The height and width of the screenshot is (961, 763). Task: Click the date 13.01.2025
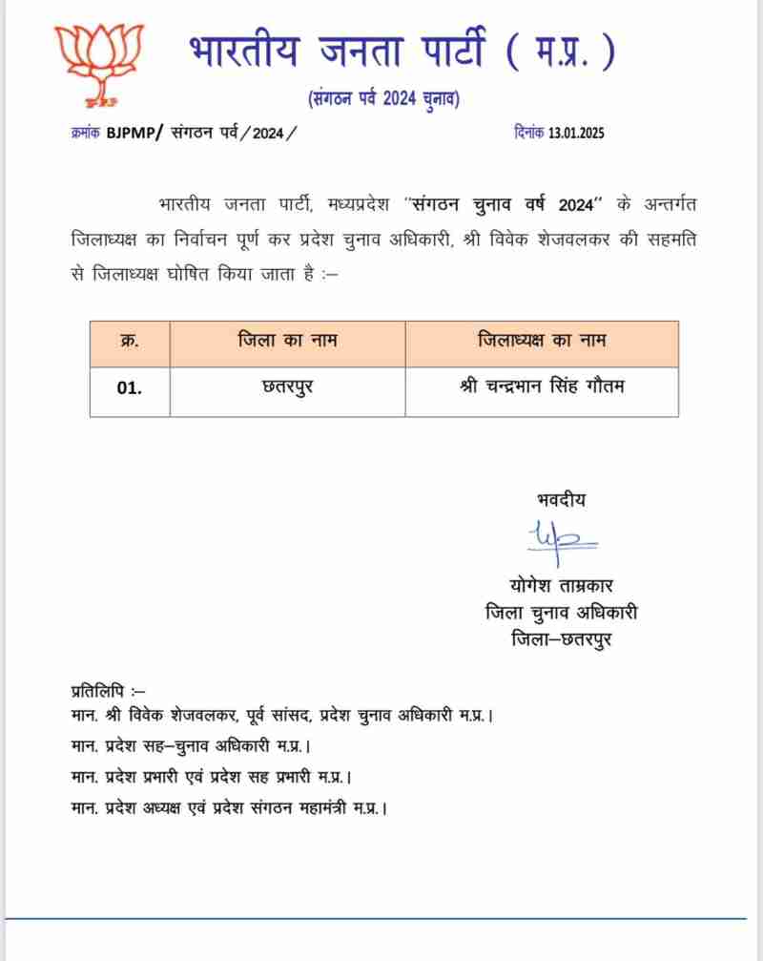tap(576, 134)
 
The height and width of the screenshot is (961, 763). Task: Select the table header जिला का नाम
tap(287, 341)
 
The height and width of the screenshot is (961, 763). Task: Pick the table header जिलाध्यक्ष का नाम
tap(541, 341)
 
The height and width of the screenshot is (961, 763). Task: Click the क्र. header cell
tap(130, 341)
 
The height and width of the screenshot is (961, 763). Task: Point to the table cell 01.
tap(130, 390)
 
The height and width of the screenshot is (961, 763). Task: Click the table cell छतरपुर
tap(287, 390)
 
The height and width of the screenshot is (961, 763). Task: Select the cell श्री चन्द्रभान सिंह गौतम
tap(541, 390)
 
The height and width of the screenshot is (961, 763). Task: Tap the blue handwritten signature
tap(559, 540)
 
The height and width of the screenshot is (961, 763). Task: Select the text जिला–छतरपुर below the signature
tap(561, 638)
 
